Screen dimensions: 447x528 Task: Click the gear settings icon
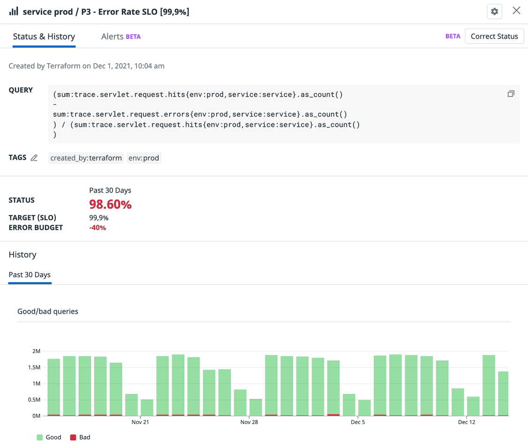point(494,12)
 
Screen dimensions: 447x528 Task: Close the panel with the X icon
point(516,11)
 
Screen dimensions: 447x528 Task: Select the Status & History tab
point(44,36)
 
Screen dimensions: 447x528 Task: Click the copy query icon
point(511,94)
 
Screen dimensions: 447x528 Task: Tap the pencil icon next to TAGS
point(34,158)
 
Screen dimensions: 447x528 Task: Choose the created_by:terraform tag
point(86,158)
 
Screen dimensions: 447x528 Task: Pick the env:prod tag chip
point(144,158)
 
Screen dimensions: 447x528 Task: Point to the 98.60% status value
point(110,204)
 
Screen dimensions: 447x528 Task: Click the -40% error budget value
point(98,228)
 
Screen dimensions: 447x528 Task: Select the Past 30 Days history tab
point(30,275)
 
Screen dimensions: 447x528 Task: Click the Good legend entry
point(49,437)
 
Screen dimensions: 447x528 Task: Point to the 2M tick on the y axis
point(36,351)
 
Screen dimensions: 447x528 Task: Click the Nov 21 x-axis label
point(140,422)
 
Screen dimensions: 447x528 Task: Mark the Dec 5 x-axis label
point(358,422)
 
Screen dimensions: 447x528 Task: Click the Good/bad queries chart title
point(48,311)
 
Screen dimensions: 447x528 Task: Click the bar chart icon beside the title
point(14,11)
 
